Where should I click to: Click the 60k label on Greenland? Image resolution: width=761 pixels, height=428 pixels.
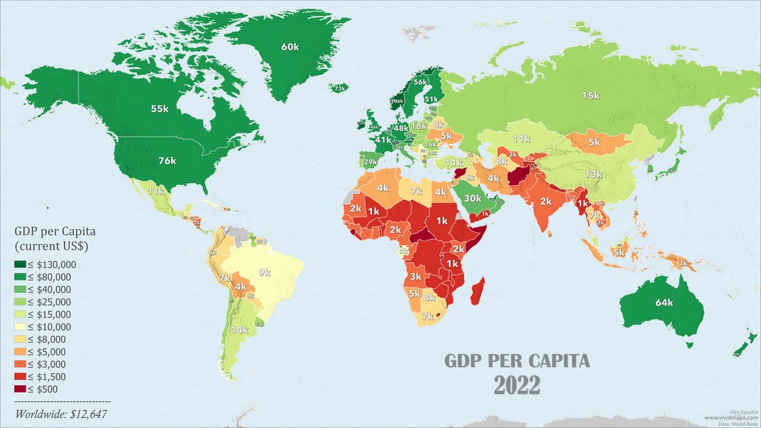coord(290,47)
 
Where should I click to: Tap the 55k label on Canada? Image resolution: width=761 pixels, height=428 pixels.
coord(159,109)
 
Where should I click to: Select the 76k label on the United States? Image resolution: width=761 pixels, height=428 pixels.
coord(166,160)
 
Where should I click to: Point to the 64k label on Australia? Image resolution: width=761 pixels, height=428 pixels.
coord(664,302)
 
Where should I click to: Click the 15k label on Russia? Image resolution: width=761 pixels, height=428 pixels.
coord(590,96)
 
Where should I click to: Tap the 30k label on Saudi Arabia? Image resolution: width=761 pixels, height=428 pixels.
coord(473,198)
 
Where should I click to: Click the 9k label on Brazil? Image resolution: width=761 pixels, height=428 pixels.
coord(265,272)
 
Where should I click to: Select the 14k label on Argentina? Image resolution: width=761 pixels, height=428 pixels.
coord(239,330)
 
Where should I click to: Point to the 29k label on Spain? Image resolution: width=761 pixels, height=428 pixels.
coord(371,163)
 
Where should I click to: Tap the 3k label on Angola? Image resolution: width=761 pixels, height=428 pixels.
coord(415,276)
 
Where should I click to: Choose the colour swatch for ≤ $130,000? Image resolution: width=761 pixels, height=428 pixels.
coord(20,264)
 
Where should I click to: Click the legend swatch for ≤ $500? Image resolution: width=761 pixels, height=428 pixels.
coord(20,389)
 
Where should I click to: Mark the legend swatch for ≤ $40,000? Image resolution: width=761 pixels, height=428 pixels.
coord(20,289)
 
